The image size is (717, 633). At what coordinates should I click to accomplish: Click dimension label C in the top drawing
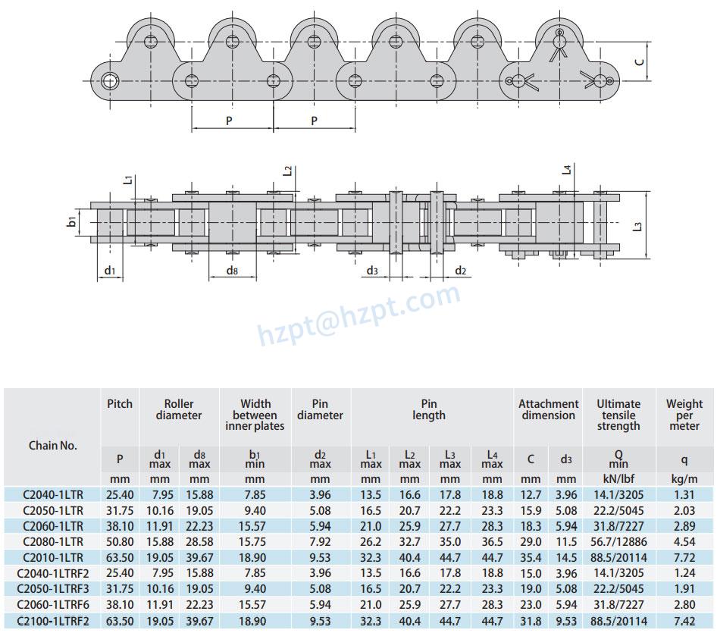(639, 61)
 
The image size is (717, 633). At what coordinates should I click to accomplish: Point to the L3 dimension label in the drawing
(637, 226)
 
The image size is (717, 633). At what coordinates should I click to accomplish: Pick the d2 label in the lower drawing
(460, 271)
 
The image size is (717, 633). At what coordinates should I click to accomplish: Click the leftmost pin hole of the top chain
(111, 80)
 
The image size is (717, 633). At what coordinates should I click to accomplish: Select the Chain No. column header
(53, 446)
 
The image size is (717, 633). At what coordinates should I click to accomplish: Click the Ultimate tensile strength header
(618, 415)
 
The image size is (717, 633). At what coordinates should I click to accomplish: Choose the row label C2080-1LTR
(53, 541)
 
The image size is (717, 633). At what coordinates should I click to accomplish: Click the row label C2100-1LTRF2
(53, 621)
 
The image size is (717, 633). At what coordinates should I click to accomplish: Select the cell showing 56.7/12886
(618, 541)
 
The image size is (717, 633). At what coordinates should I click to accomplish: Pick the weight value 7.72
(684, 557)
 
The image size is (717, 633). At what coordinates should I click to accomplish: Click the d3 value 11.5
(566, 541)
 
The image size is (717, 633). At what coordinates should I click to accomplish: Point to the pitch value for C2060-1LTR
(120, 525)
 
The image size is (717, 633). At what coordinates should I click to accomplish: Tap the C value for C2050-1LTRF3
(531, 589)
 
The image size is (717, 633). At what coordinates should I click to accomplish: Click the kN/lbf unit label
(618, 479)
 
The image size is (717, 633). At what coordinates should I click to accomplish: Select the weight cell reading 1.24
(684, 573)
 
